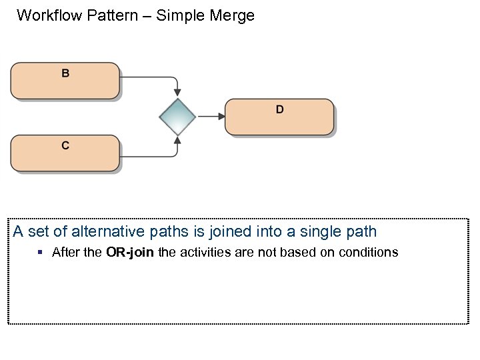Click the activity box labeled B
pyautogui.click(x=65, y=81)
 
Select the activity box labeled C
pyautogui.click(x=65, y=153)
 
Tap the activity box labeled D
pyautogui.click(x=279, y=117)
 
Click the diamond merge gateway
pyautogui.click(x=177, y=117)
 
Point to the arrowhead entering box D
pyautogui.click(x=221, y=117)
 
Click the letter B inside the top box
pyautogui.click(x=65, y=73)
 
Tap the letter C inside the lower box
pyautogui.click(x=65, y=145)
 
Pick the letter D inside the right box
pyautogui.click(x=279, y=109)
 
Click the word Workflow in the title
pyautogui.click(x=49, y=15)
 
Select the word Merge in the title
pyautogui.click(x=233, y=15)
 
